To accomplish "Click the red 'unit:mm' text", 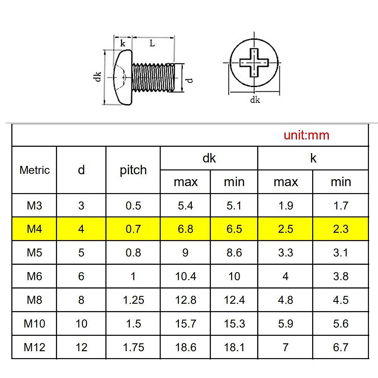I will point(306,135).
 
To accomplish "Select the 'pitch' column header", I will point(133,170).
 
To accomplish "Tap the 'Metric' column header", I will point(35,170).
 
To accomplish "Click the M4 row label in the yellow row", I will point(34,229).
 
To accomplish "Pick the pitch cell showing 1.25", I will point(133,300).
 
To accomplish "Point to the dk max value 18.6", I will point(186,347).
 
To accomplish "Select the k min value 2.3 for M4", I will point(341,229).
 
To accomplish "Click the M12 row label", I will point(34,347).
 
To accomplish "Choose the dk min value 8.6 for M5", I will point(234,253).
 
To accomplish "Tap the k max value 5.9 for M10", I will point(285,324).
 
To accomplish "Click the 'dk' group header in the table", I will point(209,158).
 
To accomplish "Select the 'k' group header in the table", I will point(313,158).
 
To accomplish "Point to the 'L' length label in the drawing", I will point(152,43).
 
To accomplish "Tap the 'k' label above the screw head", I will point(123,43).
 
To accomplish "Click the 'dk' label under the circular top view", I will point(255,100).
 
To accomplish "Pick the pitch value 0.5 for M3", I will point(133,205).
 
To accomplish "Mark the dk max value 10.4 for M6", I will point(186,276).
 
